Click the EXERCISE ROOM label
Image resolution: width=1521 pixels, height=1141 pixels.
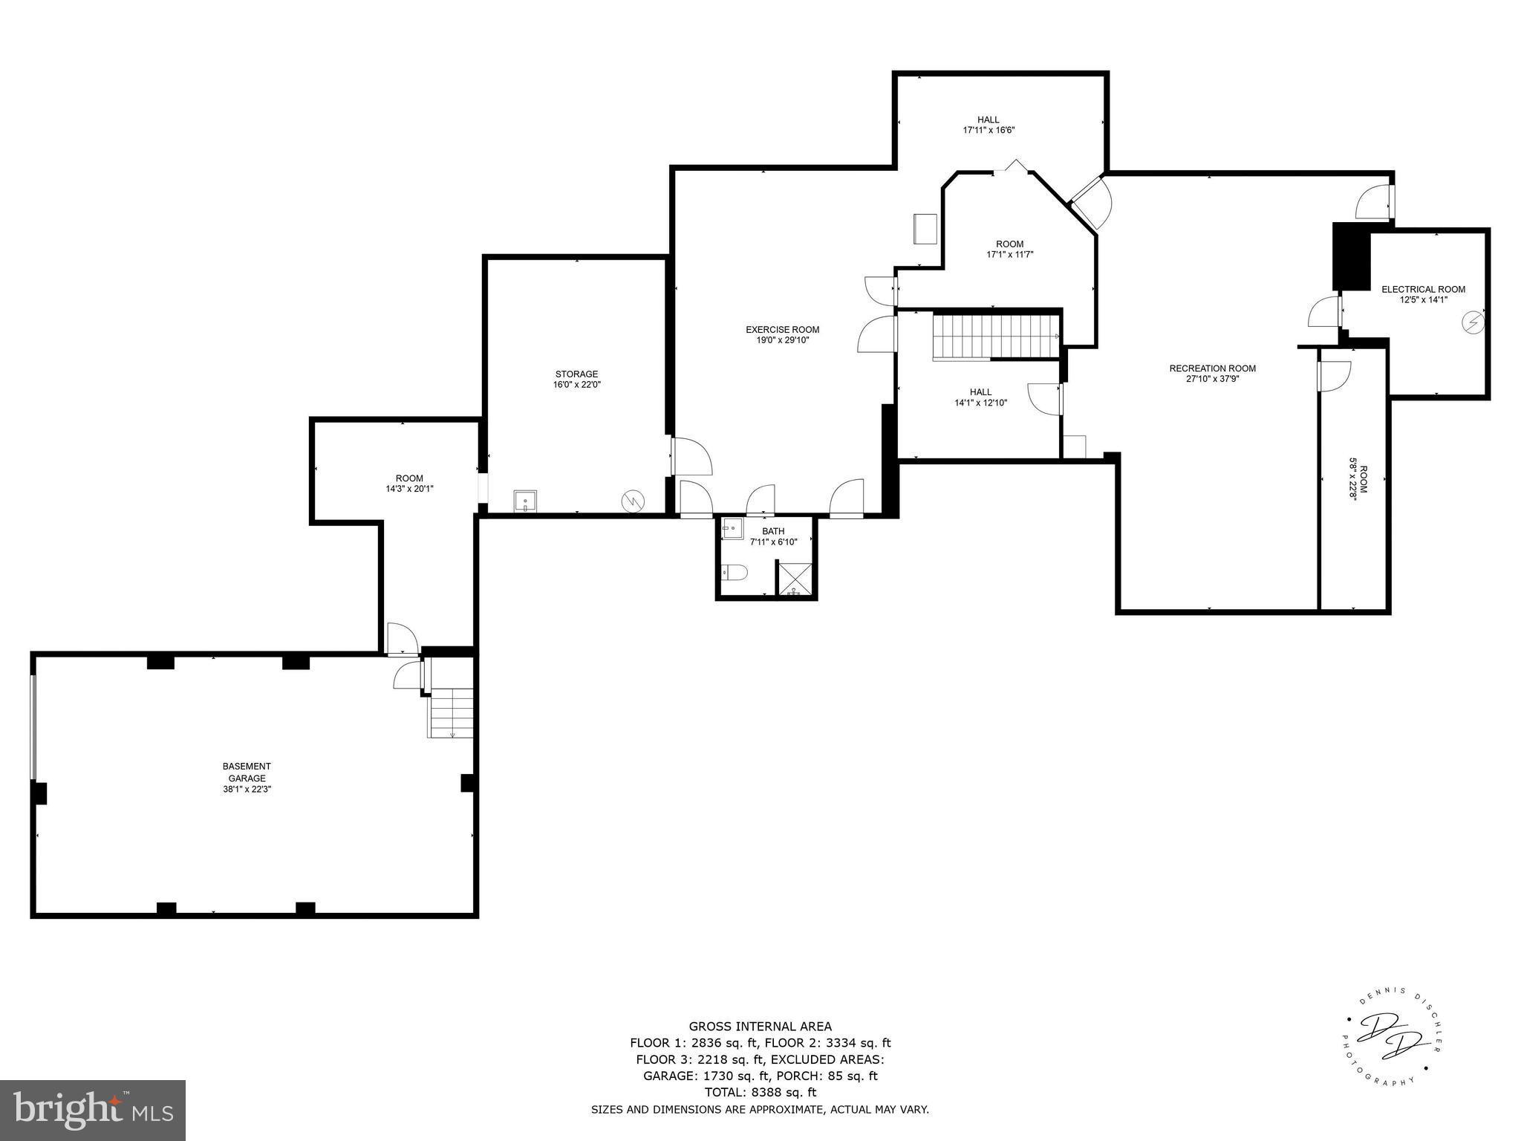[782, 330]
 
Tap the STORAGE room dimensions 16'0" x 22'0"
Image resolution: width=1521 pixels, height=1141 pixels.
[576, 385]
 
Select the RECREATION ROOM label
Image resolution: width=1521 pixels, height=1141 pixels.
[1212, 368]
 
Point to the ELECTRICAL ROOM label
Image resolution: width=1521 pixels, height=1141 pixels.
[1423, 290]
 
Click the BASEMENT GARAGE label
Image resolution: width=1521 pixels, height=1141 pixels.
[247, 772]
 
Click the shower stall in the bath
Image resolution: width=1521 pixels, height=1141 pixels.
[795, 579]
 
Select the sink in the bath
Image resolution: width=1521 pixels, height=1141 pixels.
[732, 529]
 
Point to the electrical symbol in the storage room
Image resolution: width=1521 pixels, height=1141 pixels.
[633, 501]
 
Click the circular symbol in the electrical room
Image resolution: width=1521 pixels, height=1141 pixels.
[1472, 322]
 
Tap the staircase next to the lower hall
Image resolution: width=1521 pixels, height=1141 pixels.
[995, 336]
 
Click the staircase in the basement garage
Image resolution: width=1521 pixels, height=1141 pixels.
[451, 713]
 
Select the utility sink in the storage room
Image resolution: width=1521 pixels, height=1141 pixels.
[526, 501]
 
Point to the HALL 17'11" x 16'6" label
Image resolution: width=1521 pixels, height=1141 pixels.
[988, 125]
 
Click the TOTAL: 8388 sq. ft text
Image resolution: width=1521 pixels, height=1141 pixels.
[760, 1092]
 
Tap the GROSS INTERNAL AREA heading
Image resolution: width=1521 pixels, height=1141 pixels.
[760, 1027]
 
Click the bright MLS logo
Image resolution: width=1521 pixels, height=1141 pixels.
[93, 1111]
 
